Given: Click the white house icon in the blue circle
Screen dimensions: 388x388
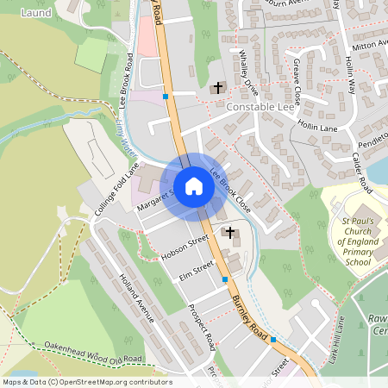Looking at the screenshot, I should click(193, 186).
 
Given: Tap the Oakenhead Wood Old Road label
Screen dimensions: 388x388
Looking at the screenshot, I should click(92, 352).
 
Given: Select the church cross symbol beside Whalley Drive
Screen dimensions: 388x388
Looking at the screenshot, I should click(217, 88).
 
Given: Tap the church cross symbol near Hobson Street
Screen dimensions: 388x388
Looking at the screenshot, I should click(229, 232).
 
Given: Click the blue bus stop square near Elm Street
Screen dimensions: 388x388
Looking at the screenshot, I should click(225, 279).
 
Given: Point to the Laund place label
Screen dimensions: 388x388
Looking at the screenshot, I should click(36, 13).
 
